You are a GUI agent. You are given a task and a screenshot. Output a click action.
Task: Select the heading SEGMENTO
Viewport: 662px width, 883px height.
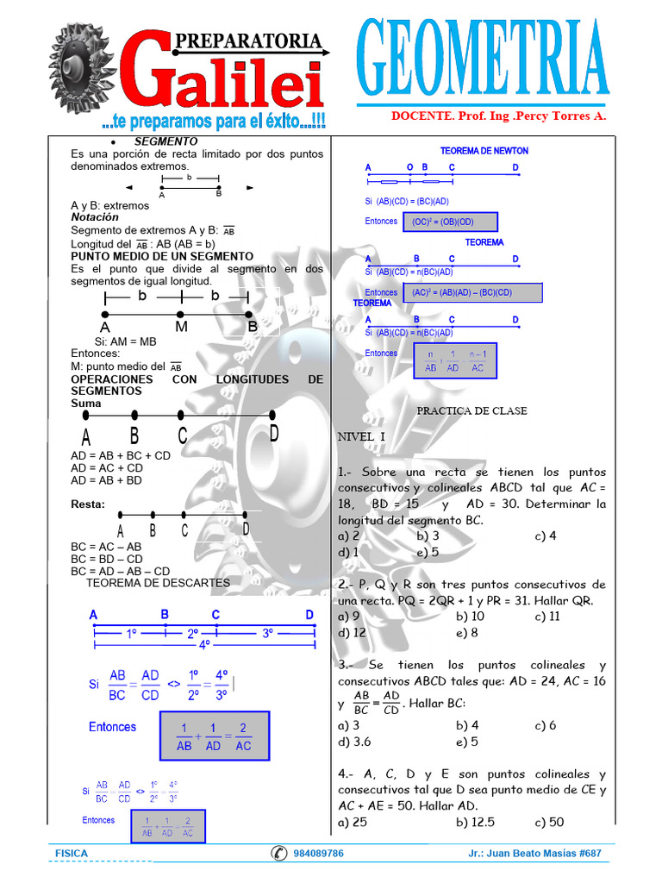point(165,141)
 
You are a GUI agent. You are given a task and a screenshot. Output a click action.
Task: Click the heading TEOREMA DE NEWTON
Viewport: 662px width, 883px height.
point(484,151)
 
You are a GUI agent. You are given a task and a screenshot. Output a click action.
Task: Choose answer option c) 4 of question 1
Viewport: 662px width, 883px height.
point(545,535)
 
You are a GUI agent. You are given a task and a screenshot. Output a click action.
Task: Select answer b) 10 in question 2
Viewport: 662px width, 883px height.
point(471,616)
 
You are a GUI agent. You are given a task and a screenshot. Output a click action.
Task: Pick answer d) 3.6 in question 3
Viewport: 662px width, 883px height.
point(355,742)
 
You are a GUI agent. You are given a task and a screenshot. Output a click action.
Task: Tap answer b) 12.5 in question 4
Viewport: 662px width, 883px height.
point(476,822)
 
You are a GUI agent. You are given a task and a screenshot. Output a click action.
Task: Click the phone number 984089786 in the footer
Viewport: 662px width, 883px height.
point(318,854)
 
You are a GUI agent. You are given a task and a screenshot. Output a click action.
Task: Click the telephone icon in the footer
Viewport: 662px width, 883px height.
point(279,854)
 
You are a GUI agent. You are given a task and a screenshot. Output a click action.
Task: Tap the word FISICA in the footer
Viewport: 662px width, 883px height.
point(71,854)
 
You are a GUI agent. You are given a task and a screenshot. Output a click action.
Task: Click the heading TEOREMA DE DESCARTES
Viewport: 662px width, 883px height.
point(158,583)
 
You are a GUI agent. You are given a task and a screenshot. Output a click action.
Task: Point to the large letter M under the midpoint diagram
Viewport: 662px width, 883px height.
point(181,328)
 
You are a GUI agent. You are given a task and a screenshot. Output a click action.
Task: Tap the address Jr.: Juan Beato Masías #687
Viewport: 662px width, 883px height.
point(534,854)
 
